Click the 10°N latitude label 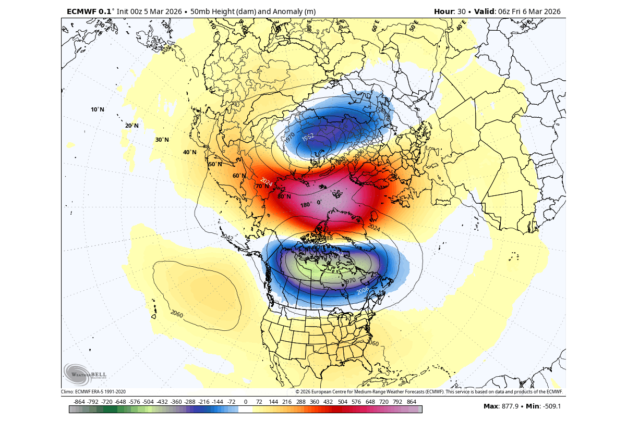pos(98,109)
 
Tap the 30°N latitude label pos(162,140)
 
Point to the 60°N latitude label pos(239,176)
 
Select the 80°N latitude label pos(284,196)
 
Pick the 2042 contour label pos(227,238)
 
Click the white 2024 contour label pos(267,182)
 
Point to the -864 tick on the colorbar pos(79,402)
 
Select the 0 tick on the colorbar pos(246,402)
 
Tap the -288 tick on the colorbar pos(190,402)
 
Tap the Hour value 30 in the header pos(462,11)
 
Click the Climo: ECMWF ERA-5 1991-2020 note pos(93,391)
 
